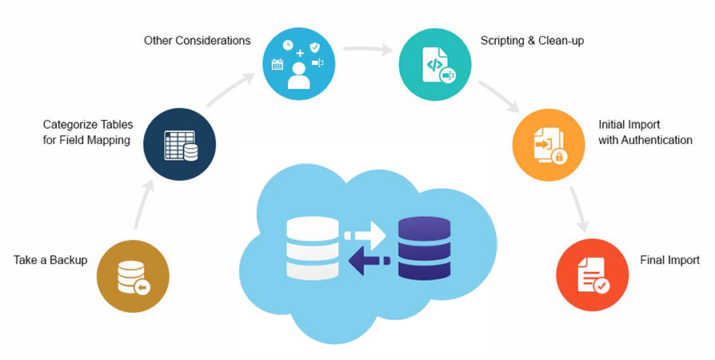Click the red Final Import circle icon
point(593,275)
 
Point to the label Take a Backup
point(50,260)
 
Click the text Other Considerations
point(197,40)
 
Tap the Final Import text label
point(670,260)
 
